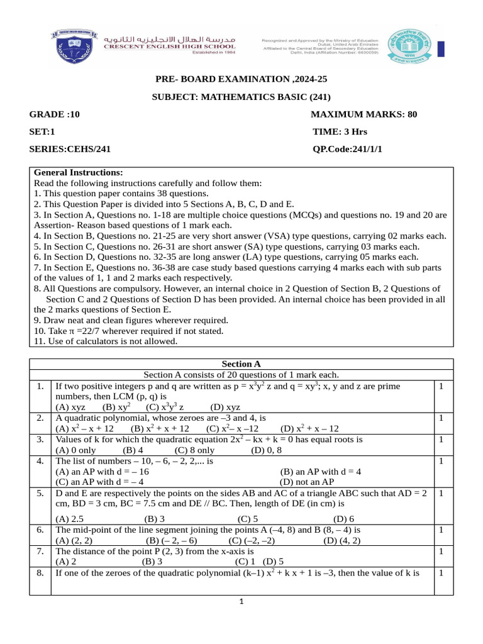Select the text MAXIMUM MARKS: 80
pos(364,114)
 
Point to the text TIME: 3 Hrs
pos(340,132)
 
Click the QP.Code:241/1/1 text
pos(347,150)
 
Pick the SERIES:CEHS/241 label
pos(70,150)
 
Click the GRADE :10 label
pos(55,114)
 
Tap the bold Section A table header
pos(241,364)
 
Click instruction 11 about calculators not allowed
pos(106,341)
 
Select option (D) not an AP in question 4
pos(306,482)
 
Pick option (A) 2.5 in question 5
pos(69,519)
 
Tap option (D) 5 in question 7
pos(273,562)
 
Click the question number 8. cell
pos(40,573)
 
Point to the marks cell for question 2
pos(441,418)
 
